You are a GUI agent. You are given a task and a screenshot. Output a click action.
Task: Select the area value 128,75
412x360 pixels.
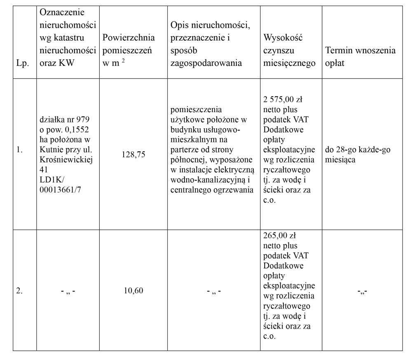(133, 155)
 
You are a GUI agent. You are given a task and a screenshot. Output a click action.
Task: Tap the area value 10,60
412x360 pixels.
(133, 291)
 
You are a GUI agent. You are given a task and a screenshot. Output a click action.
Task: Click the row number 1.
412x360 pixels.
(19, 150)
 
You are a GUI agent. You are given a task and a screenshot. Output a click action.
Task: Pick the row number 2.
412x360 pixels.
(19, 291)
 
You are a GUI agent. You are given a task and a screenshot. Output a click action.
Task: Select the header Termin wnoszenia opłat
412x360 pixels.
(360, 56)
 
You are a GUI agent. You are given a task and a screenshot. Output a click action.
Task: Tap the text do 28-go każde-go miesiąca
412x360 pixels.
(358, 155)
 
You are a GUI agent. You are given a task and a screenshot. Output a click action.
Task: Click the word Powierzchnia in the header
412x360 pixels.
(129, 38)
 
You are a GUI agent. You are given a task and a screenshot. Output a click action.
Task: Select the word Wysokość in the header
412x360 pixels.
(283, 38)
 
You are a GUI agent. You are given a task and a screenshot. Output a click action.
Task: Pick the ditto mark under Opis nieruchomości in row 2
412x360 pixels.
(213, 291)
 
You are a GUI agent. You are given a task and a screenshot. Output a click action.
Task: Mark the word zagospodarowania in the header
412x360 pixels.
(206, 63)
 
